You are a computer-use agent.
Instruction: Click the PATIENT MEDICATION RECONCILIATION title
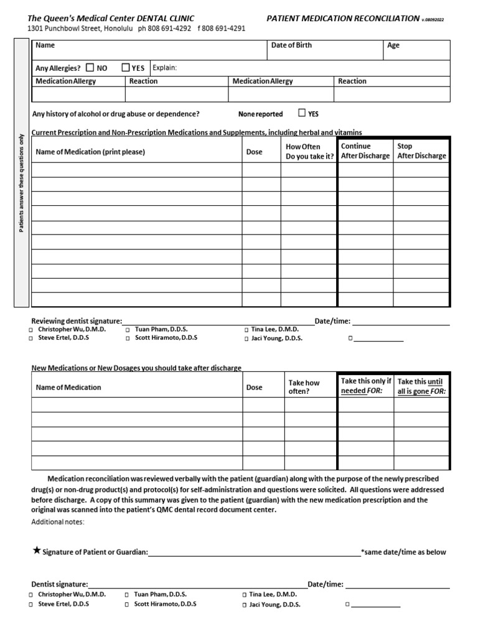click(x=343, y=19)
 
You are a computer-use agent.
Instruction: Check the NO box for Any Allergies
click(x=90, y=68)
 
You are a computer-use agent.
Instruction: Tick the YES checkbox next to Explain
click(x=126, y=68)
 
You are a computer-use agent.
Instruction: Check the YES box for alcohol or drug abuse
click(x=302, y=113)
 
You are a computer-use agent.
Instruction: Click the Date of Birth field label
click(x=291, y=45)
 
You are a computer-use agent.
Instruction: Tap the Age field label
click(x=393, y=45)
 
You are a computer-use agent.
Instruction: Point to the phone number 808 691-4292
click(x=169, y=29)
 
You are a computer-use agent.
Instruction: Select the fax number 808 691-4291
click(x=225, y=29)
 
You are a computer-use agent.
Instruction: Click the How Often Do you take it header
click(x=309, y=152)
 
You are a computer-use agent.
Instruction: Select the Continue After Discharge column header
click(x=365, y=151)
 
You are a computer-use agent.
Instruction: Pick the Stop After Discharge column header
click(x=421, y=151)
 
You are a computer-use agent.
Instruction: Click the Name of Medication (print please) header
click(x=90, y=152)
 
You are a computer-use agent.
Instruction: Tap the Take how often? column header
click(x=304, y=387)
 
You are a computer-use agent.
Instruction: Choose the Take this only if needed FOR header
click(x=366, y=386)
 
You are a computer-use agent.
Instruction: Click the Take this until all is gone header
click(x=422, y=386)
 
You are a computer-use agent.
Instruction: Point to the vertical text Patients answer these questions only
click(x=21, y=183)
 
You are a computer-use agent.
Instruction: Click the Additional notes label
click(x=58, y=521)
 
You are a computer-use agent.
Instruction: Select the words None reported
click(x=260, y=114)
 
